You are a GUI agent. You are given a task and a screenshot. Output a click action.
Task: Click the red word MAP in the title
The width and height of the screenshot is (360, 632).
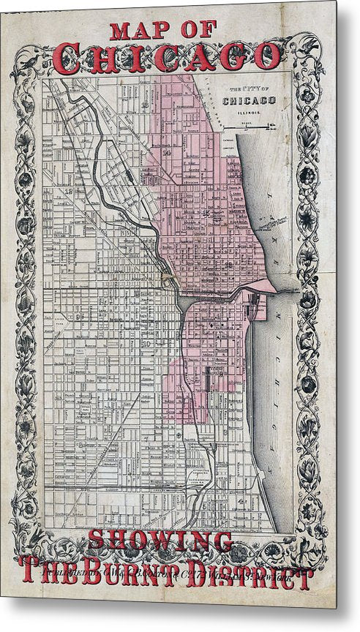pos(140,31)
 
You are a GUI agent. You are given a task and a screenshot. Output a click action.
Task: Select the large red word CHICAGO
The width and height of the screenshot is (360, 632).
pos(167,56)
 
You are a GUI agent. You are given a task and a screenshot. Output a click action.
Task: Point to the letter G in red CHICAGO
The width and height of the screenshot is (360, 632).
pos(233,56)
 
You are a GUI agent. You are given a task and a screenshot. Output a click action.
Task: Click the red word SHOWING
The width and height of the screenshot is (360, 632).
pos(160,541)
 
